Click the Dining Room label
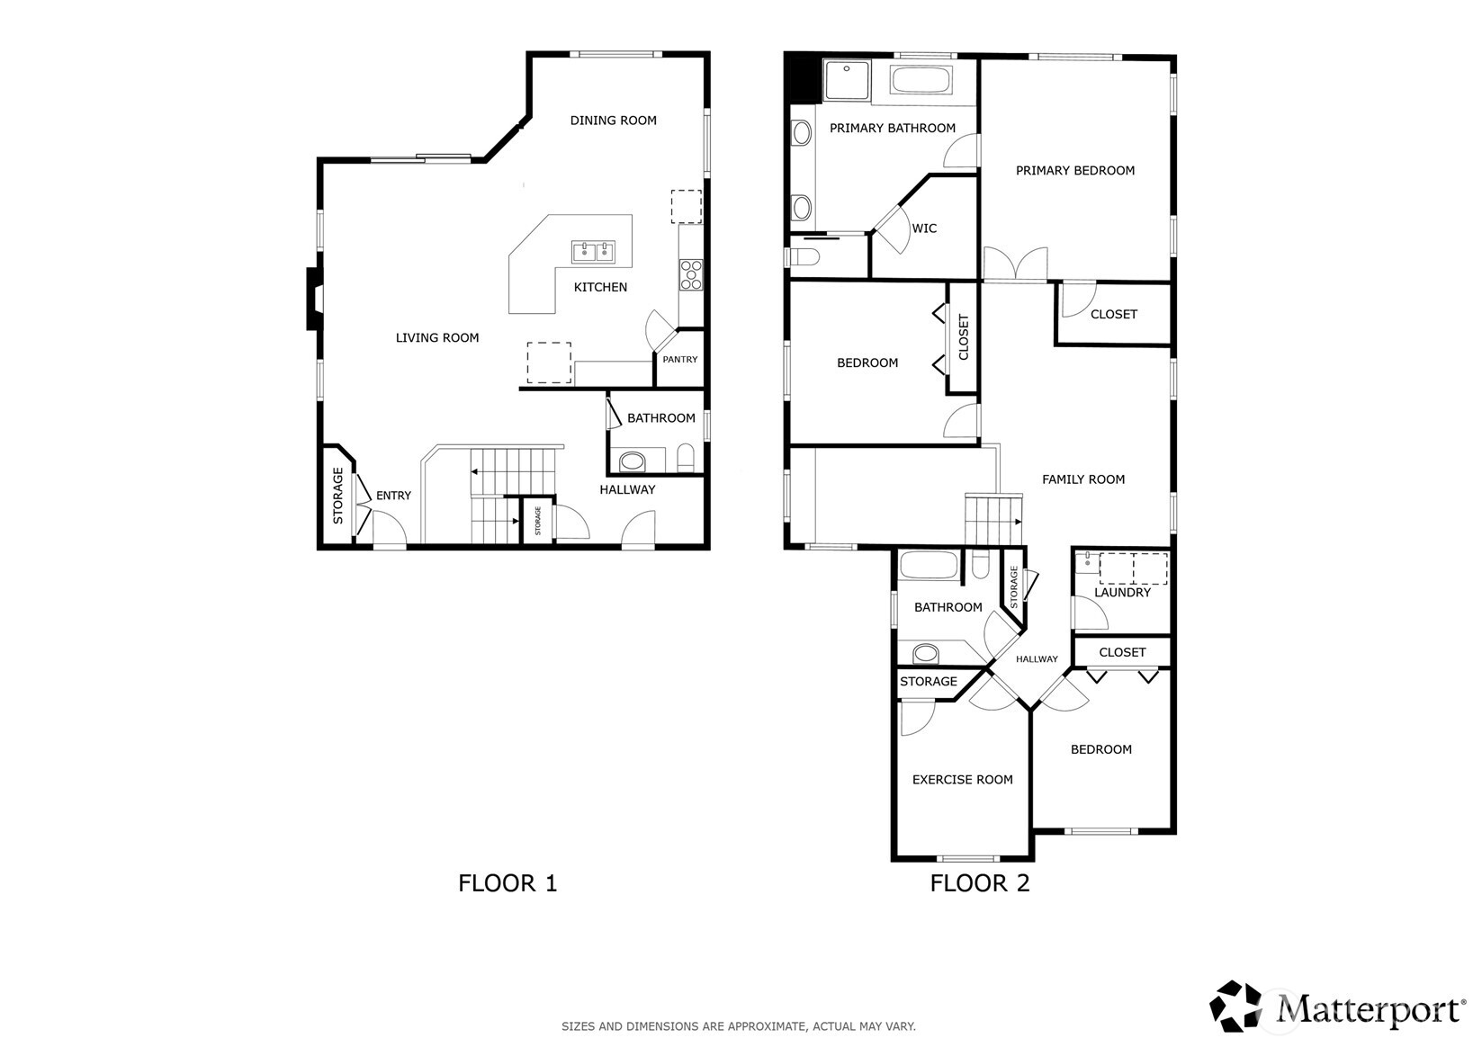613,120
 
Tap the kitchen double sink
594,251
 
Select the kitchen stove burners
691,274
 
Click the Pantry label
680,360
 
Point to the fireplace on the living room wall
312,299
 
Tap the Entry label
393,496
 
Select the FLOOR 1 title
507,883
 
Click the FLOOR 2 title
979,883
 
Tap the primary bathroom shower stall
847,79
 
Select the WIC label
924,228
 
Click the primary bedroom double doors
1015,265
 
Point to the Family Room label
1082,479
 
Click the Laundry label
1122,593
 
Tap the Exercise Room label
962,780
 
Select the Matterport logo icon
1235,1006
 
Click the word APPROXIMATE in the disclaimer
767,1026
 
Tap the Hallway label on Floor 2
1037,659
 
